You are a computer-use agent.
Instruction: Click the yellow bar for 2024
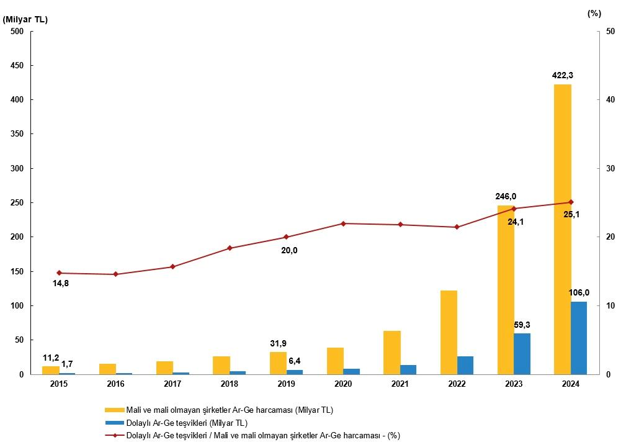[x=562, y=230]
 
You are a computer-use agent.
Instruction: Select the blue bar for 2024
[x=579, y=338]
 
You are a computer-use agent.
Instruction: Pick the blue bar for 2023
[x=522, y=354]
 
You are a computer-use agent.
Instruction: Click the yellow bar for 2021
[x=391, y=353]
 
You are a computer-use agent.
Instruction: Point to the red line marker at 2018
[x=230, y=248]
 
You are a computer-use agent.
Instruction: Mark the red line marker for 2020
[x=343, y=223]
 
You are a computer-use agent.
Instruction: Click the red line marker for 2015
[x=59, y=273]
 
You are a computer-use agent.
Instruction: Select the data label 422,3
[x=562, y=76]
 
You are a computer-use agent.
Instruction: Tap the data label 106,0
[x=579, y=293]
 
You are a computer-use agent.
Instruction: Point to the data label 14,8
[x=60, y=284]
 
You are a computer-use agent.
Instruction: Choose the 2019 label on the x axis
[x=286, y=384]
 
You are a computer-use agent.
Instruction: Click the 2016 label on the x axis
[x=115, y=384]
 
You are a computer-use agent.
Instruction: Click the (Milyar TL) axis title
[x=25, y=19]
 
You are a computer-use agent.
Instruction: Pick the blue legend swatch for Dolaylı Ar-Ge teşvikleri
[x=114, y=423]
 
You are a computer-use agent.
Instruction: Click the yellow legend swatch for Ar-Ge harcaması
[x=114, y=410]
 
